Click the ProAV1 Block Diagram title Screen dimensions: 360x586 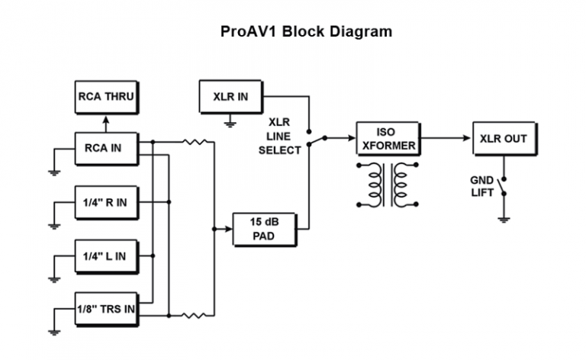coord(304,32)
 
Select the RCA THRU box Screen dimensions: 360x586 coord(106,97)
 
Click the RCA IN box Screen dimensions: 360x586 coord(106,148)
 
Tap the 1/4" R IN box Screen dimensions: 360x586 coord(106,202)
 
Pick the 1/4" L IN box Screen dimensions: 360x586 coord(106,256)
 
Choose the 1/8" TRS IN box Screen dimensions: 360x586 coord(106,309)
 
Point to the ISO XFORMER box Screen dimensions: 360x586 coord(388,138)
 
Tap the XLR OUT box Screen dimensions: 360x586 coord(504,138)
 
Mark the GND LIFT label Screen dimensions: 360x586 coord(481,186)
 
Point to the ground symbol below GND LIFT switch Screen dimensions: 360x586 coord(503,218)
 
